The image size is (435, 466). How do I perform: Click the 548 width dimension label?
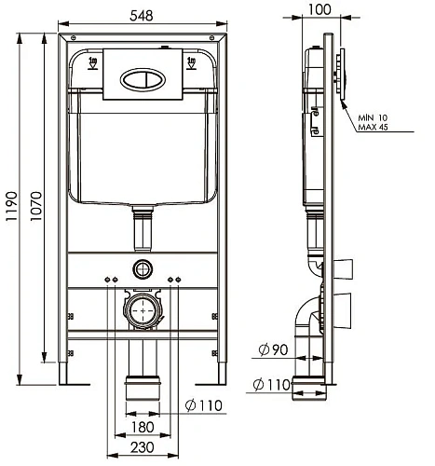tap(142, 16)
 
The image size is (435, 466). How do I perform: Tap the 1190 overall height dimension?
tap(12, 206)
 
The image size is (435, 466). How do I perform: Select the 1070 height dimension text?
tap(36, 206)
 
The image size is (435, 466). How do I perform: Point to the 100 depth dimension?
tap(319, 9)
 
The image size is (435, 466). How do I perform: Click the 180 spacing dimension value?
tap(143, 427)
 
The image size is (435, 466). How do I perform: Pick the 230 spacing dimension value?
tap(143, 447)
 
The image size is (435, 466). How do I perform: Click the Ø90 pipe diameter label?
tap(273, 350)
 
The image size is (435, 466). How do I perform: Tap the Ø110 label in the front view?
tap(204, 405)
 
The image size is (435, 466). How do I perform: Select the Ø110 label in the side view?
tap(272, 385)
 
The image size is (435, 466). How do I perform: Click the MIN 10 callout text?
tap(373, 118)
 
